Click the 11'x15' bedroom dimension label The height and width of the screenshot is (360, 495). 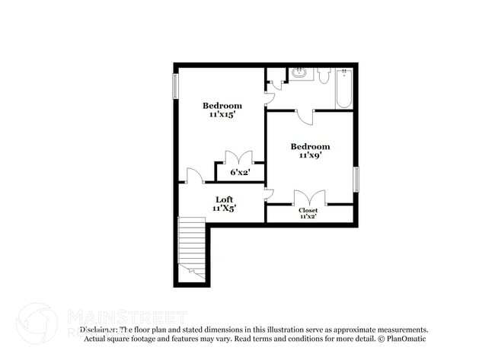pos(222,114)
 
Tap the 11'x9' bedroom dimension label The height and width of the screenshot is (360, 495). pos(310,155)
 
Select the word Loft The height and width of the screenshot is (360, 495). pos(223,199)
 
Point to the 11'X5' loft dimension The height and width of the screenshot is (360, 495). pos(223,207)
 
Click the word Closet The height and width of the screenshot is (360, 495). pos(308,210)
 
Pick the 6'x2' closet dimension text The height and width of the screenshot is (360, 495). pos(241,173)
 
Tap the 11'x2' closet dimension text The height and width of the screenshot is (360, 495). pos(308,217)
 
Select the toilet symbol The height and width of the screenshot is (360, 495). pos(323,75)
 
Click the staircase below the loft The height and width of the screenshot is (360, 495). pos(191,247)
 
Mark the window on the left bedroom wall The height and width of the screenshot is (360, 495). pos(176,84)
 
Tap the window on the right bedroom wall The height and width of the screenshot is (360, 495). pos(356,179)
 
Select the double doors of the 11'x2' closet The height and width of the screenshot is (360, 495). pos(309,198)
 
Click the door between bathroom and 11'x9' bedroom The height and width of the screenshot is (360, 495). pos(305,116)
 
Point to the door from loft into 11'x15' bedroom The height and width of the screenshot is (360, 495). pos(195,176)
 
